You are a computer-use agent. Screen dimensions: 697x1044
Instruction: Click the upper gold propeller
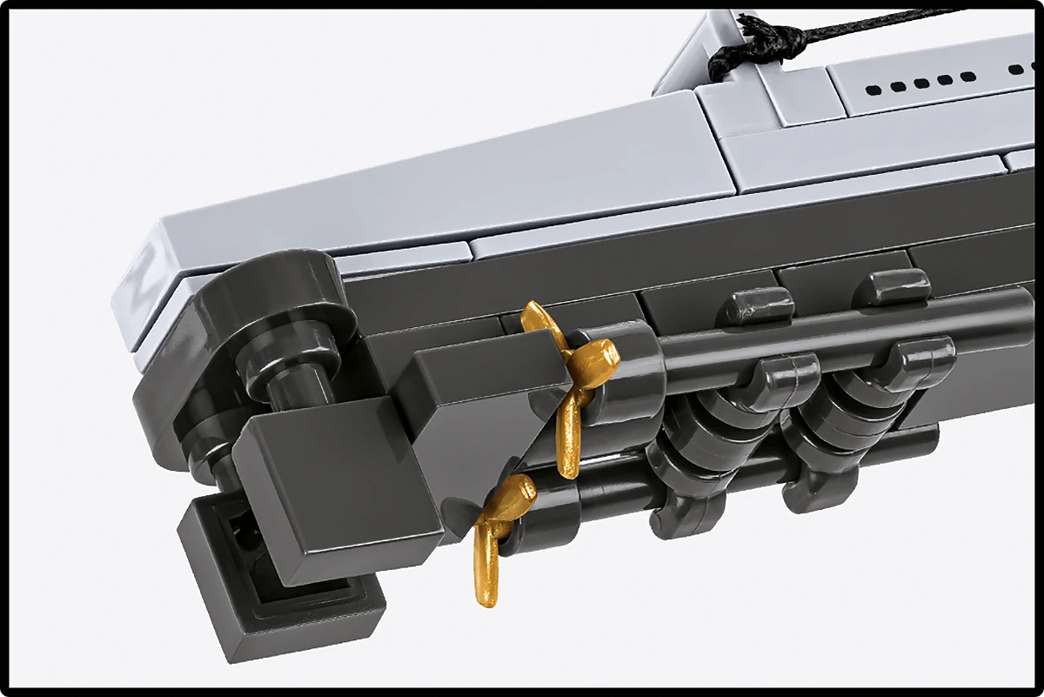(x=570, y=365)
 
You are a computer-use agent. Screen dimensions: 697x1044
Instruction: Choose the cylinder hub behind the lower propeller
(x=548, y=513)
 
